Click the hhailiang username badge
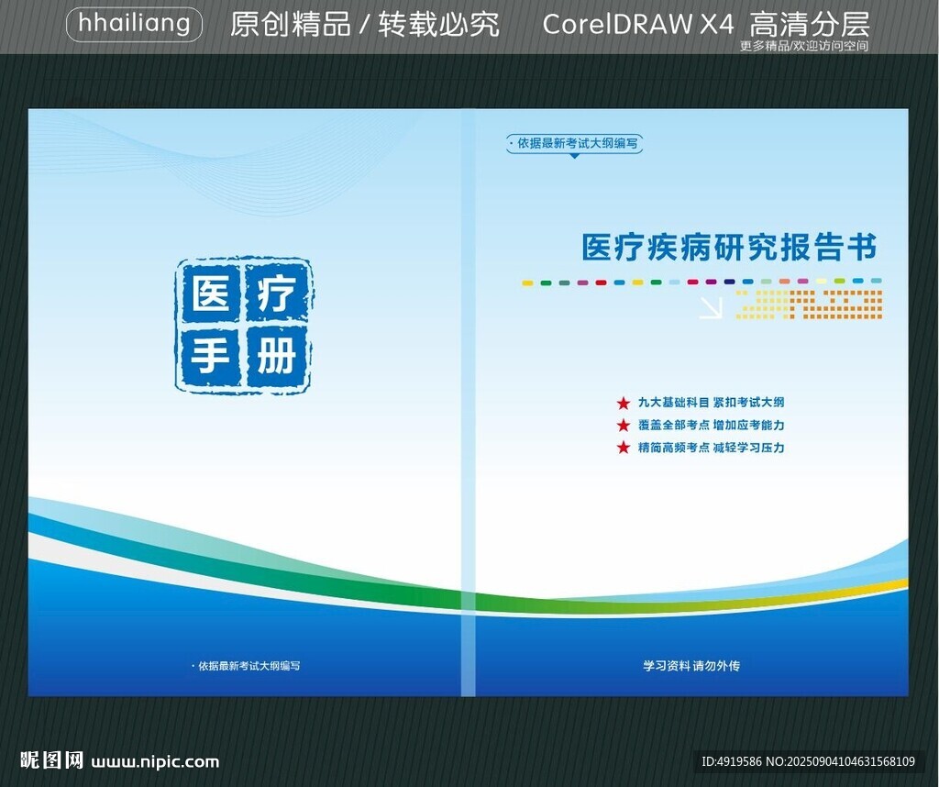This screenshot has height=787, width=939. [134, 25]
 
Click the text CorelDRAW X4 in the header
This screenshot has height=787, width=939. [638, 25]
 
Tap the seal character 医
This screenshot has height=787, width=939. [211, 294]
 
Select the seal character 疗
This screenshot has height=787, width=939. [276, 293]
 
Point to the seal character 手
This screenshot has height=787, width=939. [211, 356]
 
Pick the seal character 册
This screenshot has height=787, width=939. [276, 356]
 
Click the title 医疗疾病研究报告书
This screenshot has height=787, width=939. [729, 247]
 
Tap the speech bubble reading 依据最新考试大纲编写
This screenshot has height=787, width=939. [574, 144]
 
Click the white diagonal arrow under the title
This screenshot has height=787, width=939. [711, 308]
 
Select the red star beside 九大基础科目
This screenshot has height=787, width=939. [624, 403]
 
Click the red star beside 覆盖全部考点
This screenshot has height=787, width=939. [624, 426]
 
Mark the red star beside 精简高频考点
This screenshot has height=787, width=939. [624, 448]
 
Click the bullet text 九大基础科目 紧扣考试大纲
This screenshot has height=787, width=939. [711, 403]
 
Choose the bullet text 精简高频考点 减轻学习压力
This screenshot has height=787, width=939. [711, 448]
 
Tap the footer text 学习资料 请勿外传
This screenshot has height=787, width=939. [691, 666]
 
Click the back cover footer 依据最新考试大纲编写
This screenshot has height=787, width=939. [246, 666]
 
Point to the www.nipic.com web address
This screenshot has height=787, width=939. [155, 762]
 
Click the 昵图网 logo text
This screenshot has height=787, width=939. [51, 760]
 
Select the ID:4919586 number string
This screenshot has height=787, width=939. [731, 762]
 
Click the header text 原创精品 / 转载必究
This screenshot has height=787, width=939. [365, 25]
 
